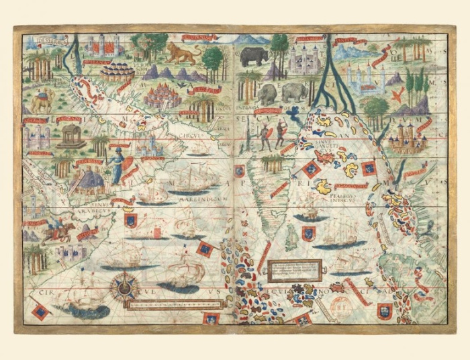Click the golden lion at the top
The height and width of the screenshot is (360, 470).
(180, 53)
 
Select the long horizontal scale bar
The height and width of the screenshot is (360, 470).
(164, 304)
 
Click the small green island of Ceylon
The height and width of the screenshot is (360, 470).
(289, 235)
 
